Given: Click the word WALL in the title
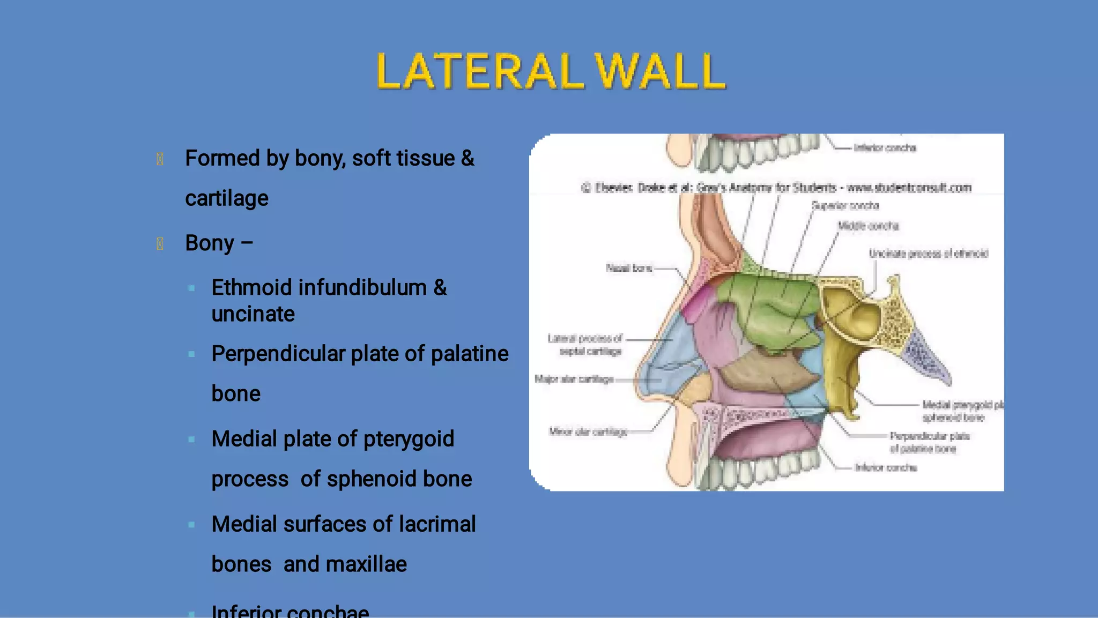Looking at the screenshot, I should (x=661, y=71).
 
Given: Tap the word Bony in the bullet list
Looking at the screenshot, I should (x=210, y=243).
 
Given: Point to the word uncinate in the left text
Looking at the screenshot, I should (x=253, y=314).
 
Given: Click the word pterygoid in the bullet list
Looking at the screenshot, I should (x=409, y=439).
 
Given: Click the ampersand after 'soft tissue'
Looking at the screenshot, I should (x=468, y=158).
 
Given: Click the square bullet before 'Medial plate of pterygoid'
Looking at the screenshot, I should (x=191, y=440).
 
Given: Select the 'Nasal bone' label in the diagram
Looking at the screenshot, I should (x=629, y=268).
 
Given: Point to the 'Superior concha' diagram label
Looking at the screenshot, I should (x=845, y=206).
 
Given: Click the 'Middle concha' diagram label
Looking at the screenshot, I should (x=868, y=226).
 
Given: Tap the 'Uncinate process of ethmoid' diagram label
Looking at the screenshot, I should (x=928, y=254).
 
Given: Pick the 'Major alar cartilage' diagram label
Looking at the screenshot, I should (x=574, y=379).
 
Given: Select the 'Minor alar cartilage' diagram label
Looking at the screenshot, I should (x=588, y=431).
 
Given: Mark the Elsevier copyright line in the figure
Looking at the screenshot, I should (x=776, y=188).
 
